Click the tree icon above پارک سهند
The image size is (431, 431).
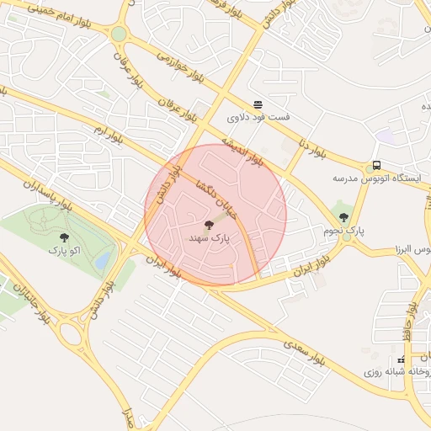[209, 225]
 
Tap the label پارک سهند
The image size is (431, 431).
[210, 240]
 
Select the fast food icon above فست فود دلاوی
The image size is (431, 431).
[257, 104]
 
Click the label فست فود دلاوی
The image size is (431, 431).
[261, 117]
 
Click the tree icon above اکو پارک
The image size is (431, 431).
[65, 238]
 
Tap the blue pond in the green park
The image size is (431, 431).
[103, 260]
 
